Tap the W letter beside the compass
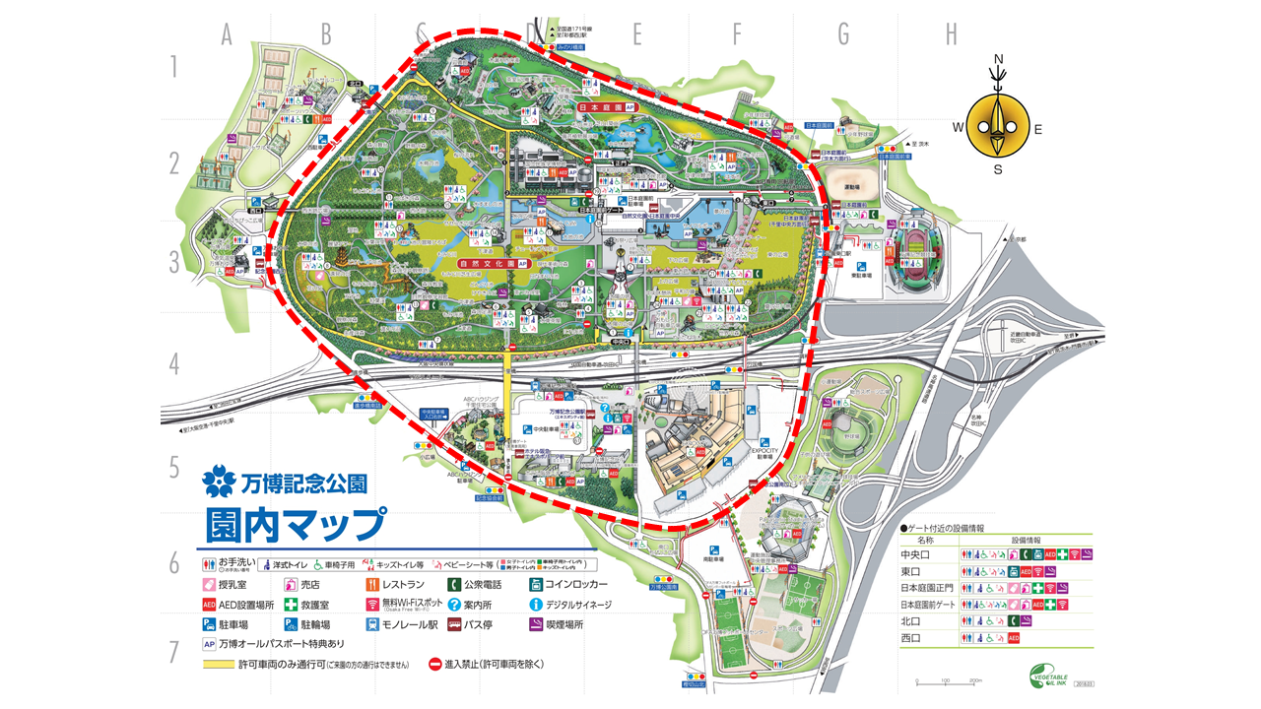coord(957,128)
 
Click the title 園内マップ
coord(295,523)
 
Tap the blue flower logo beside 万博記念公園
coord(220,483)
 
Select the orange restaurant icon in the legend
coord(371,583)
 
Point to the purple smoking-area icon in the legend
coord(537,624)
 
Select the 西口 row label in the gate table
coord(910,638)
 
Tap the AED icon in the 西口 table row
coord(1014,638)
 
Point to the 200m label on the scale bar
coord(976,681)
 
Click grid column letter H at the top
coord(951,34)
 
